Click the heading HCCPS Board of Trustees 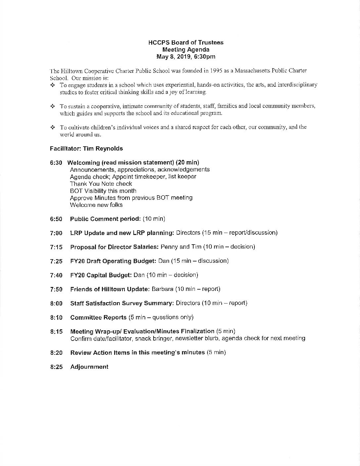186,42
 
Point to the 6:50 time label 56,219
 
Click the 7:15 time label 56,247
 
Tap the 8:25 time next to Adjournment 56,367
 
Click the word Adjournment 89,367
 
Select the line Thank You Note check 101,184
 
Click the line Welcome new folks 96,205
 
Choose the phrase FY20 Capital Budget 101,275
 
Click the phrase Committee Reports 98,317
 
